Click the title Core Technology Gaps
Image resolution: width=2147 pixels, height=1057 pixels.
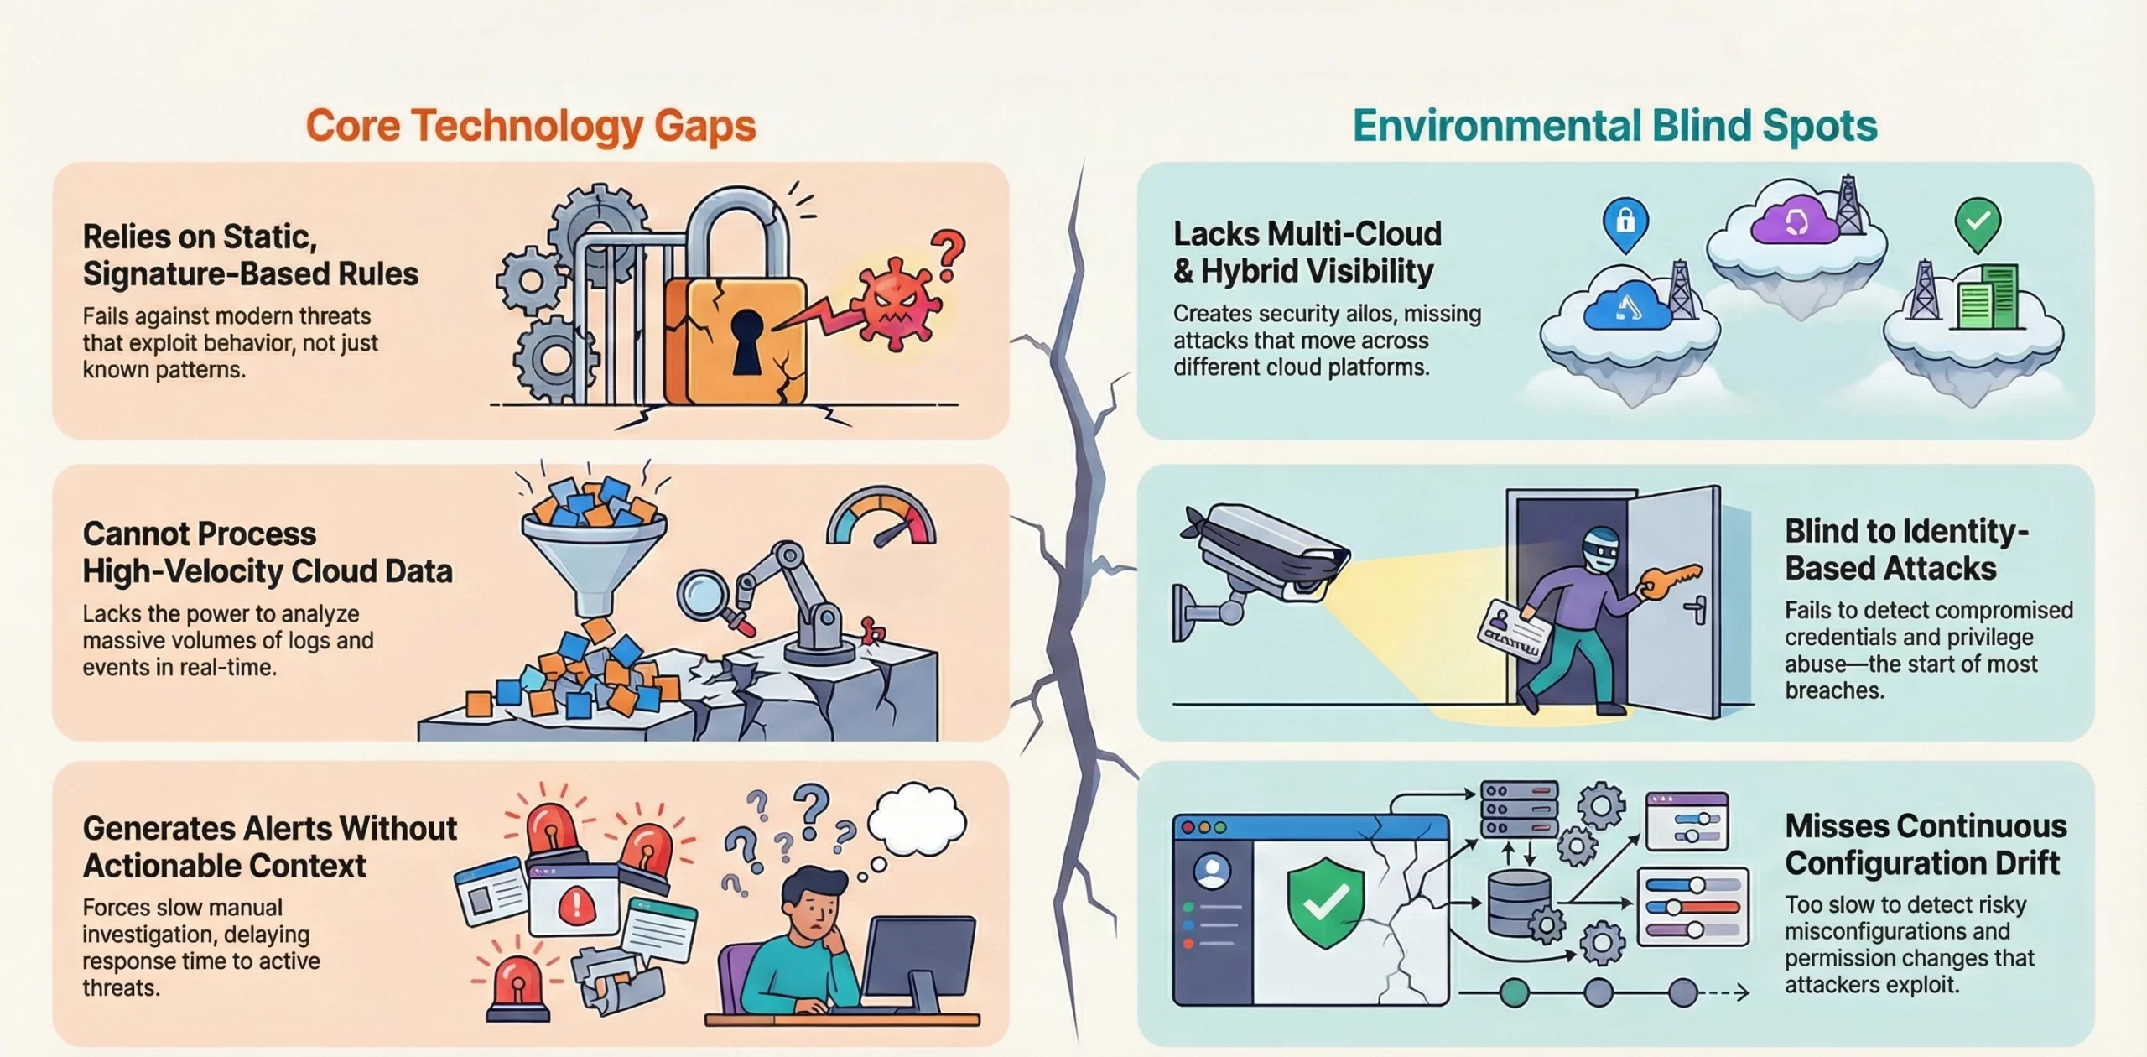pyautogui.click(x=530, y=126)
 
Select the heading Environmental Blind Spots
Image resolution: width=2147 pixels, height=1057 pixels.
pyautogui.click(x=1614, y=126)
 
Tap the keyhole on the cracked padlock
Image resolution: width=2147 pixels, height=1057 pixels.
pyautogui.click(x=746, y=340)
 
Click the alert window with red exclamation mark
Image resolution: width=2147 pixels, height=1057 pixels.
pyautogui.click(x=574, y=903)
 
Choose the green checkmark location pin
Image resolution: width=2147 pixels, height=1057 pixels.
pyautogui.click(x=1978, y=224)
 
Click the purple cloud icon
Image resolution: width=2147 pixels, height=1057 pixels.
pyautogui.click(x=1796, y=222)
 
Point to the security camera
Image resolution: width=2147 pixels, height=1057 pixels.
pyautogui.click(x=1262, y=554)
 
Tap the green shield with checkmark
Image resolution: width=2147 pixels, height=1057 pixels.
pyautogui.click(x=1325, y=902)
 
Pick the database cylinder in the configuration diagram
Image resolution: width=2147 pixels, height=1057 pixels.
pyautogui.click(x=1518, y=903)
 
